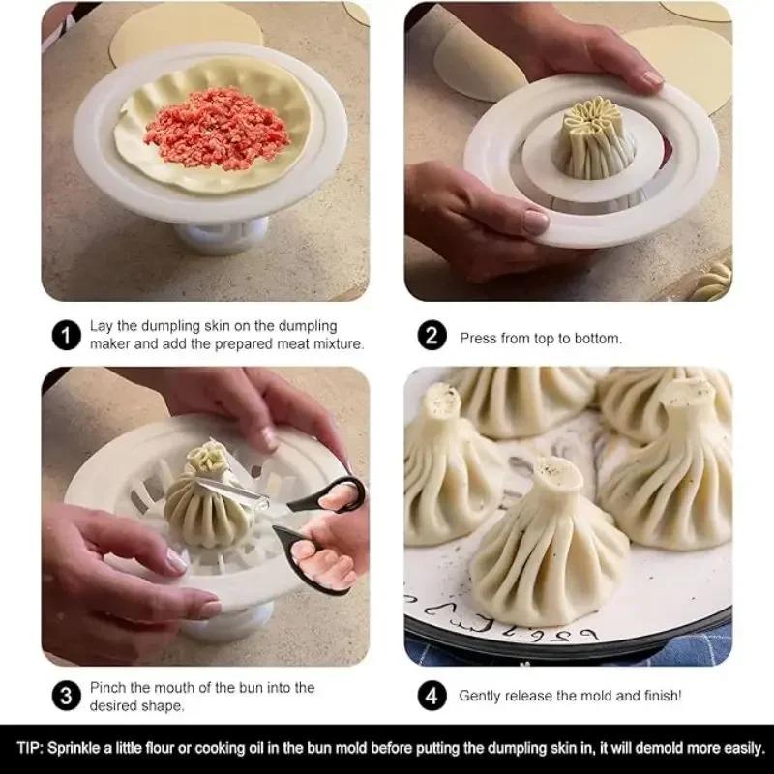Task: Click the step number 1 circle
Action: pos(65,336)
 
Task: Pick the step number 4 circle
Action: pos(432,695)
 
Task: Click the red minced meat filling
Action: pos(217,127)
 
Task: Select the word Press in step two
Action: pos(478,339)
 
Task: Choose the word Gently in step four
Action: pos(481,695)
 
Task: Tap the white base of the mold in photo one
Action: pos(222,235)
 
